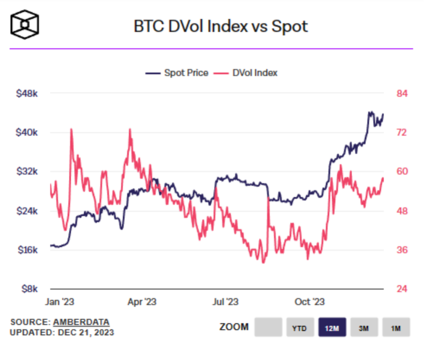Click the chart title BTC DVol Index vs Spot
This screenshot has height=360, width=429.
(x=221, y=26)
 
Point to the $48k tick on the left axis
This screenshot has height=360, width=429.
(x=27, y=93)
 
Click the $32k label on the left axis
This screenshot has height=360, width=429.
(x=27, y=172)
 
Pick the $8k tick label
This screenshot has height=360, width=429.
(x=29, y=289)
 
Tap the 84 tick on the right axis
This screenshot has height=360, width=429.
(x=402, y=93)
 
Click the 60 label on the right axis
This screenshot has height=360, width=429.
(x=402, y=172)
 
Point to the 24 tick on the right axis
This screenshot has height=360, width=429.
(x=402, y=289)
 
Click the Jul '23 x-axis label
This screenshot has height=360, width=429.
(x=226, y=302)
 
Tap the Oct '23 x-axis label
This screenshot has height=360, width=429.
(x=310, y=302)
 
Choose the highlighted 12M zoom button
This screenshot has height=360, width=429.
(x=332, y=327)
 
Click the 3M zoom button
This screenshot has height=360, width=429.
(x=364, y=327)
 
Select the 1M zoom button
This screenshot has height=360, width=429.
(x=396, y=327)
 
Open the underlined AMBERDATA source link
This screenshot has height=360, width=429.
(x=81, y=322)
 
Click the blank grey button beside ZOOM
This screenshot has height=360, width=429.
(x=268, y=327)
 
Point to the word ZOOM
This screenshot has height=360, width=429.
(x=234, y=327)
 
